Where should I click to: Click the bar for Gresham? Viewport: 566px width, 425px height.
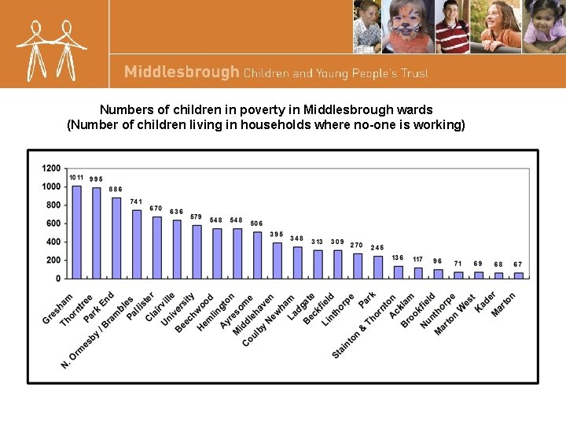click(76, 231)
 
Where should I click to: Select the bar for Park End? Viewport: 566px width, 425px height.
click(116, 238)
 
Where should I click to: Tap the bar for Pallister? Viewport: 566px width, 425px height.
click(156, 247)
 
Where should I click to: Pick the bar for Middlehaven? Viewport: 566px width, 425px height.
click(257, 254)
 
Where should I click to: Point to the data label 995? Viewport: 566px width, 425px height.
click(96, 179)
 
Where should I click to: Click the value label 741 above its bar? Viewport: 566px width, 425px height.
click(136, 201)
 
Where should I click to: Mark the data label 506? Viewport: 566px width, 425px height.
click(257, 224)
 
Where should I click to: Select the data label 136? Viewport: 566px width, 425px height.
click(398, 257)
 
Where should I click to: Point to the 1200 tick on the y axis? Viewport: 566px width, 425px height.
click(51, 168)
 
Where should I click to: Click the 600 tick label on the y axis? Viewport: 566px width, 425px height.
click(53, 224)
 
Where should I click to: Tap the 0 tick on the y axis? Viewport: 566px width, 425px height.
click(58, 279)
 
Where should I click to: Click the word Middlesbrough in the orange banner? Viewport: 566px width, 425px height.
click(182, 72)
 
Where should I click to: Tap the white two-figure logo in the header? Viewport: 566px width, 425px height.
click(53, 49)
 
